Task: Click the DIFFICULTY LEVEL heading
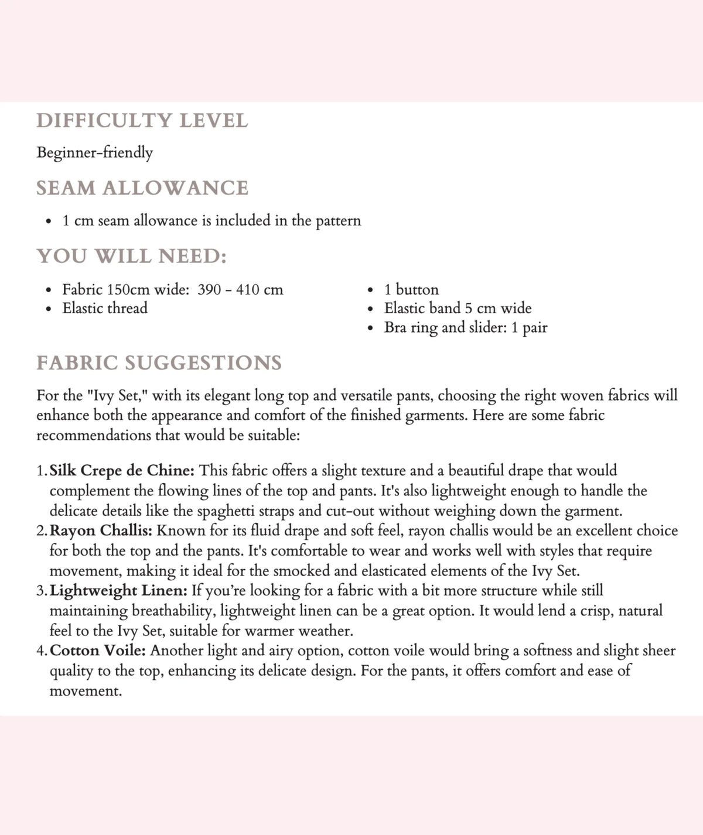click(x=142, y=121)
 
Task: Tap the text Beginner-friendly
click(x=94, y=153)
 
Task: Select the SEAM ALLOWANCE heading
click(x=142, y=188)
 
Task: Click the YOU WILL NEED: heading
click(x=131, y=256)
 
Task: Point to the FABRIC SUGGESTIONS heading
click(x=159, y=363)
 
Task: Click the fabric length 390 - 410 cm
click(x=240, y=290)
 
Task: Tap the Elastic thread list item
click(x=105, y=309)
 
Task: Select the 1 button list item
click(x=411, y=290)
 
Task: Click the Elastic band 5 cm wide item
click(x=458, y=309)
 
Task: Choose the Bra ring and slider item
click(x=465, y=328)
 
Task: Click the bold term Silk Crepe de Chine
click(x=122, y=471)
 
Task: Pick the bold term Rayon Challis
click(x=101, y=531)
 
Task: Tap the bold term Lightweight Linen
click(x=118, y=591)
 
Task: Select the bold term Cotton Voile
click(x=98, y=651)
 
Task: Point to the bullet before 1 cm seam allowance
click(x=49, y=222)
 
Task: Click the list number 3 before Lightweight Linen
click(x=41, y=591)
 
